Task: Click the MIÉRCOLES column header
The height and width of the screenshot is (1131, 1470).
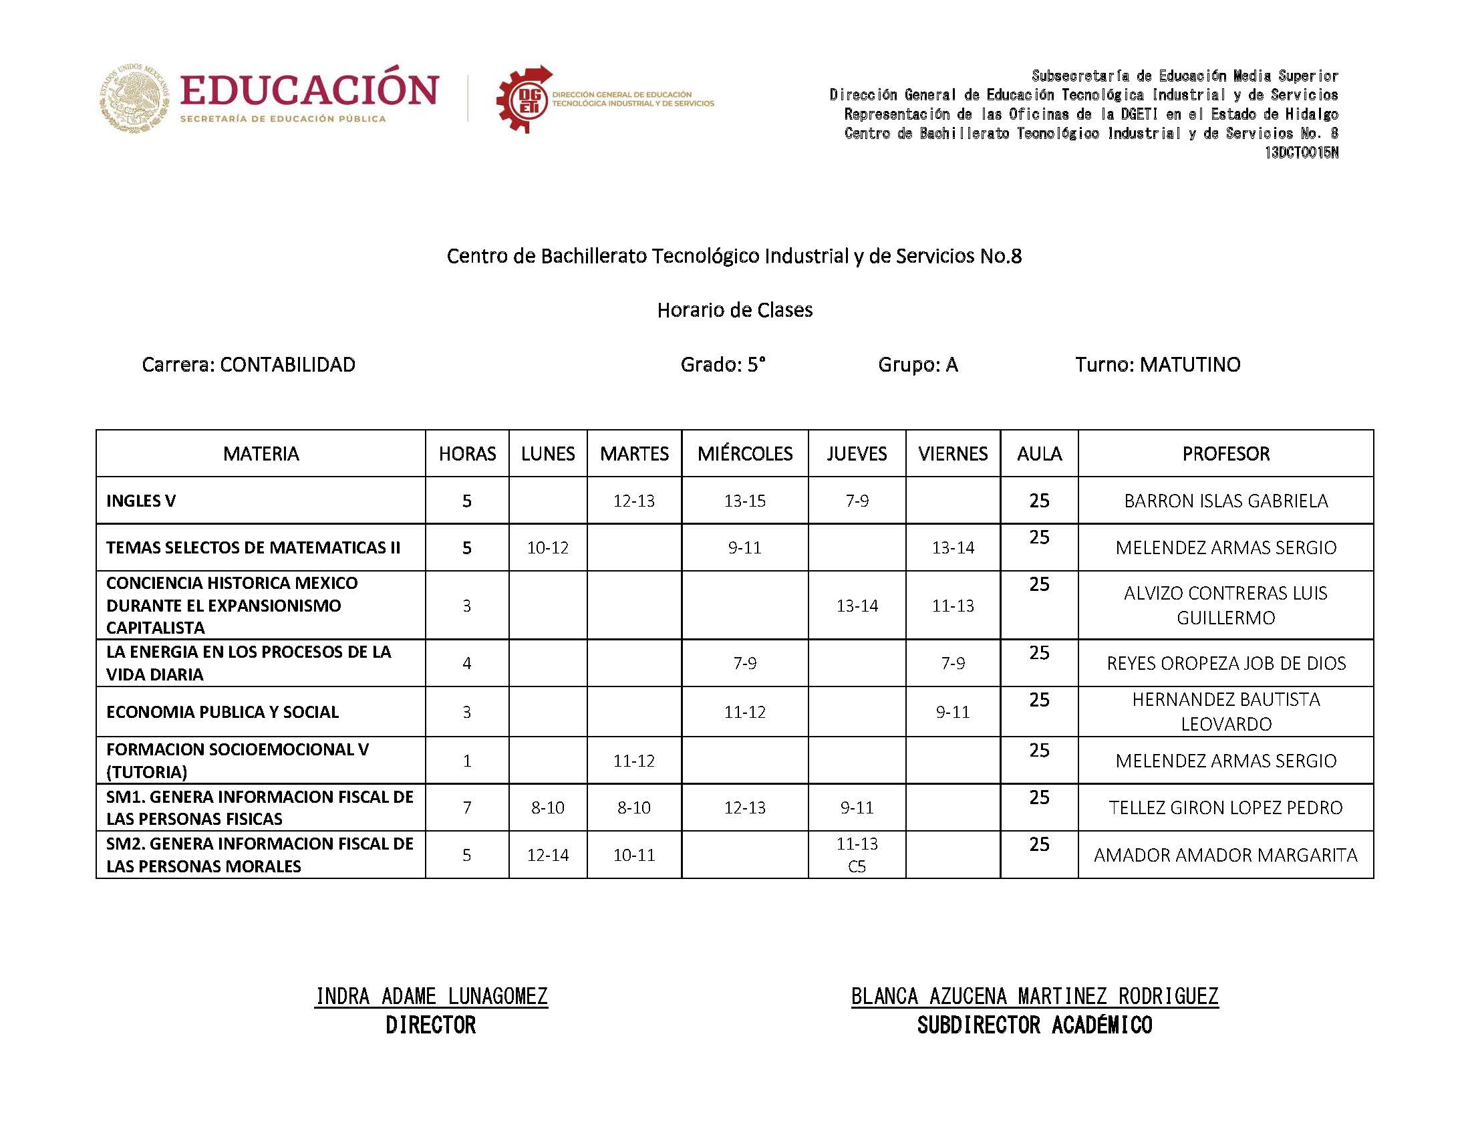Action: (744, 453)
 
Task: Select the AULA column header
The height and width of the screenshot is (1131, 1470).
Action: (1039, 453)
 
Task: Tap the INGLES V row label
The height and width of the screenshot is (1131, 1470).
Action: (140, 500)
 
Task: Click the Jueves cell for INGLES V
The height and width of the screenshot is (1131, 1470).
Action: (857, 500)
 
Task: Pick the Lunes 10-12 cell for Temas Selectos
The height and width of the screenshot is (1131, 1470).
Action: (547, 547)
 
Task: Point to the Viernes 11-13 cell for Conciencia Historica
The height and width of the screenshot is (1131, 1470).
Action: (952, 605)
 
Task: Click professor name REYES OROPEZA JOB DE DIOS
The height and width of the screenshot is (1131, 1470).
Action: (1225, 663)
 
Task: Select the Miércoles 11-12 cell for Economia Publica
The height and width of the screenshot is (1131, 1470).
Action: (744, 712)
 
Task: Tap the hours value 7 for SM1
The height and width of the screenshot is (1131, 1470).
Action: (466, 807)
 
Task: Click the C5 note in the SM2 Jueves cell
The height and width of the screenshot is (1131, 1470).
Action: (857, 866)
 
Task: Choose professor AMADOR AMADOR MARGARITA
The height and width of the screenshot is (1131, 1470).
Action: (1225, 855)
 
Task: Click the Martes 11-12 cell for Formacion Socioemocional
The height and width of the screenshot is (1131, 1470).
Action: (633, 761)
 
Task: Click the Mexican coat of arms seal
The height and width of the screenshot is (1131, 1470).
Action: (134, 98)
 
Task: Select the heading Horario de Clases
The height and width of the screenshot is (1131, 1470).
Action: (734, 309)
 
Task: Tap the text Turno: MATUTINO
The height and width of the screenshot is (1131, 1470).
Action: (1157, 364)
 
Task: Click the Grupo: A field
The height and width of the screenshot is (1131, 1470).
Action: (917, 364)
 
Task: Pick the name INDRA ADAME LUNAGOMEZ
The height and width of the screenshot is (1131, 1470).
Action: (431, 996)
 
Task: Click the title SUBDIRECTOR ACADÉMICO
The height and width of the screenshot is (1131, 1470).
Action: (1034, 1025)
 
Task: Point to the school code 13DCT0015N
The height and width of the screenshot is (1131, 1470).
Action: (1300, 153)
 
